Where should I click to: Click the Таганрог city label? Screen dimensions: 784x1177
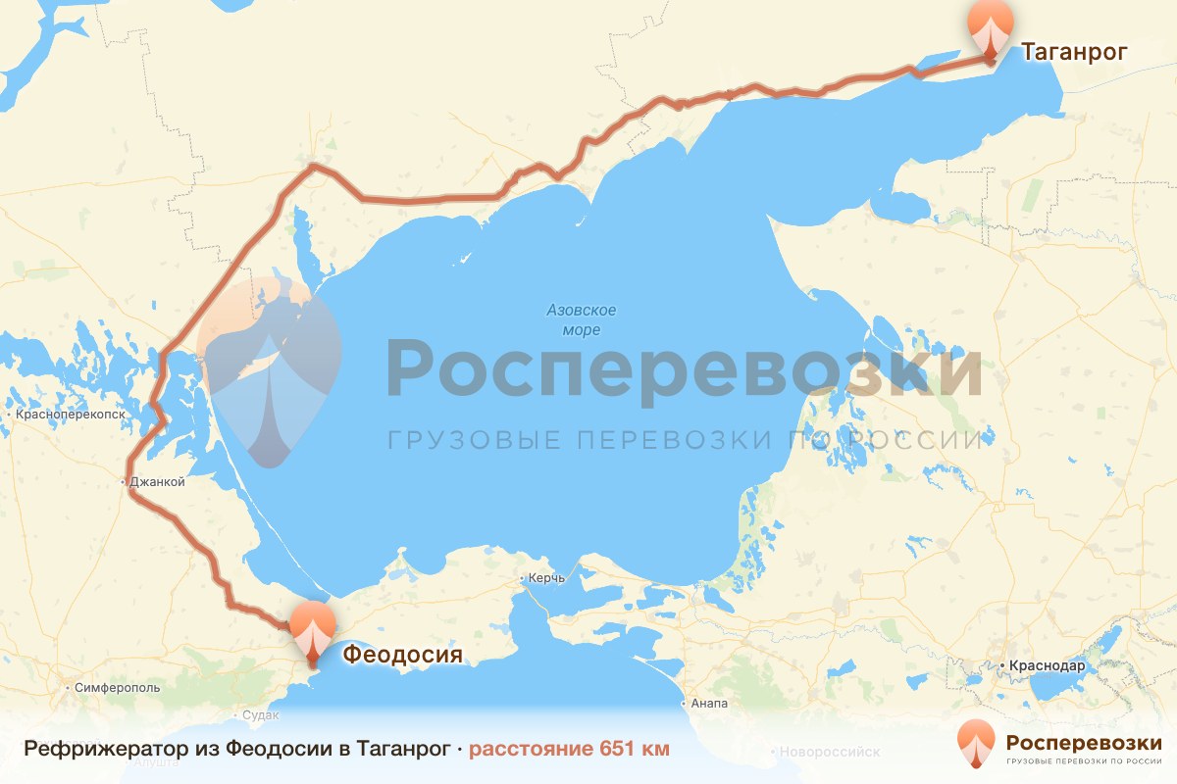click(1075, 52)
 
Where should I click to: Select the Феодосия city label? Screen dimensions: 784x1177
click(402, 654)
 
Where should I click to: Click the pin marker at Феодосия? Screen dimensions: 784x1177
click(313, 630)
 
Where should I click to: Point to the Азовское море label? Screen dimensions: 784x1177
click(582, 320)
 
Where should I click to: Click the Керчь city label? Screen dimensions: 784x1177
click(546, 578)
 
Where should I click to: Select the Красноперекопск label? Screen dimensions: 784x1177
click(71, 415)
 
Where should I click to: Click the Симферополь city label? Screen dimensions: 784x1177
click(117, 688)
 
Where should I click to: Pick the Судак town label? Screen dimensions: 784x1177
click(260, 714)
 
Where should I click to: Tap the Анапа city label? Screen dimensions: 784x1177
click(707, 704)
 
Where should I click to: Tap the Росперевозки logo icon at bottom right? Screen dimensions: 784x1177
click(976, 743)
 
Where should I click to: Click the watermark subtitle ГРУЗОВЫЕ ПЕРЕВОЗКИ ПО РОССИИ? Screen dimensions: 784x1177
click(684, 440)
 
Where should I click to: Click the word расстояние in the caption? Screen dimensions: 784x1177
click(530, 750)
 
